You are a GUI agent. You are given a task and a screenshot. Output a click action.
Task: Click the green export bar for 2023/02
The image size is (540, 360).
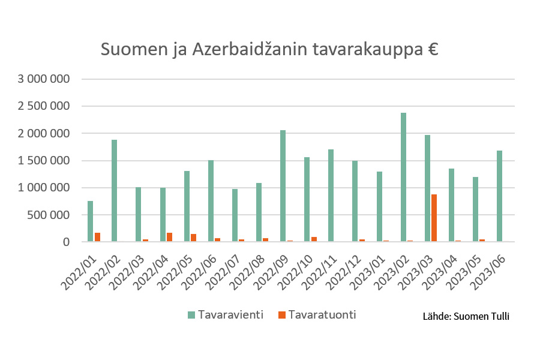[403, 177]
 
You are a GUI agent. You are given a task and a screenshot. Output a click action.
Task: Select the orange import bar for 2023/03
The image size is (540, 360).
[434, 218]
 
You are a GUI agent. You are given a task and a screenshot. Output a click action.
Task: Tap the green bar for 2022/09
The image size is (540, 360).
[283, 186]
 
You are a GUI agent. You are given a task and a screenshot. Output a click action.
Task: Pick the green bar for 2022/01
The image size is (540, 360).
[90, 221]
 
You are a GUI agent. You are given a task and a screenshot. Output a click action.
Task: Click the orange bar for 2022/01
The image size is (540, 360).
[97, 237]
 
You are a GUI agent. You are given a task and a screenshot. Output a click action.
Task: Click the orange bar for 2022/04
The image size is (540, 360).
[169, 237]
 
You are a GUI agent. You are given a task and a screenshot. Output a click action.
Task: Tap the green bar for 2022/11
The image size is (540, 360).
[331, 196]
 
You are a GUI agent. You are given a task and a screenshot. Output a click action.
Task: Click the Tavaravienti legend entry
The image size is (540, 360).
[226, 315]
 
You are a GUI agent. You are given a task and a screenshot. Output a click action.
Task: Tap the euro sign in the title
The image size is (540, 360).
[433, 49]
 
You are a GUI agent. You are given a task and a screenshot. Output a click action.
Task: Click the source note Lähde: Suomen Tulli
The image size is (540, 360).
[466, 316]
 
